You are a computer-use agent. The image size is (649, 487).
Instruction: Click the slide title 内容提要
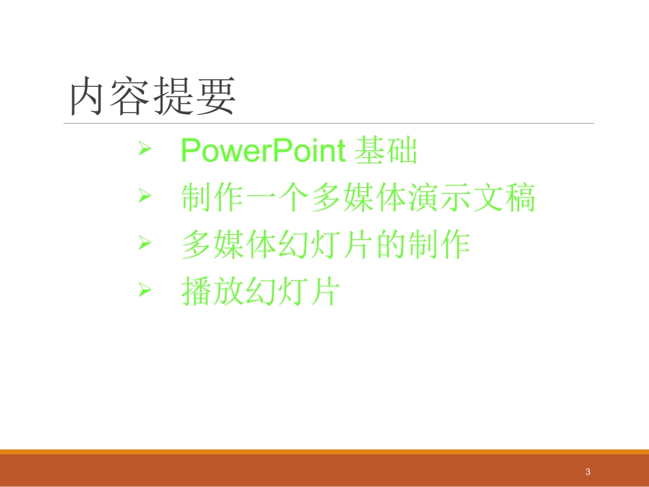click(x=153, y=96)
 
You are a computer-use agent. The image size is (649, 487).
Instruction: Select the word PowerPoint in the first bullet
click(x=263, y=151)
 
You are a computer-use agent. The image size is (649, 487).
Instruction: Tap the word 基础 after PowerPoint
click(x=386, y=151)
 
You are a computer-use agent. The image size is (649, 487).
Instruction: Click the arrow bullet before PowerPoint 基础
click(x=143, y=149)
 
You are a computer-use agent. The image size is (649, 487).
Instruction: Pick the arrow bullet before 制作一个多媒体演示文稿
click(x=143, y=197)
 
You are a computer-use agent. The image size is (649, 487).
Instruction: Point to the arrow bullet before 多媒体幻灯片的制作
click(x=143, y=242)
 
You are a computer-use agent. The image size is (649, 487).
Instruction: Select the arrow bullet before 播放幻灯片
click(x=143, y=290)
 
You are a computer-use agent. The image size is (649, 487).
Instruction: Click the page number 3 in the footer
click(x=588, y=472)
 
